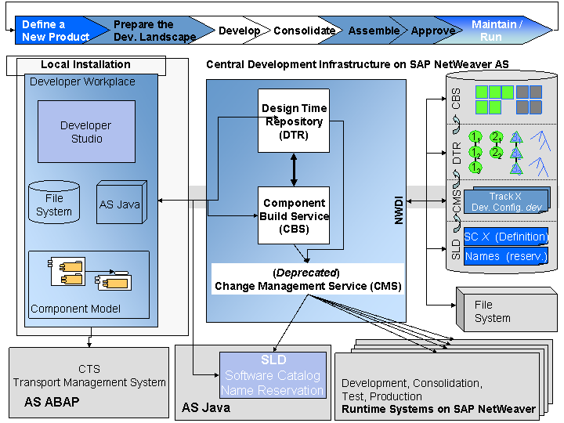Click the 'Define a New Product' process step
coord(55,31)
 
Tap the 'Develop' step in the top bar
coord(239,31)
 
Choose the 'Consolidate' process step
coord(304,31)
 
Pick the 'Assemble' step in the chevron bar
coord(374,31)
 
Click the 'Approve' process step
coord(433,31)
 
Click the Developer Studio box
coord(86,132)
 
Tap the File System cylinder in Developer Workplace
coord(53,203)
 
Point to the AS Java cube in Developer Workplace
coord(120,204)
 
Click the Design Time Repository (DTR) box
coord(294,121)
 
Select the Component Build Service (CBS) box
coord(294,215)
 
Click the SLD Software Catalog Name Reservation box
coord(272,375)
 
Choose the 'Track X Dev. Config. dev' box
coord(505,203)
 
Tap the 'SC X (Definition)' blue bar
coord(505,236)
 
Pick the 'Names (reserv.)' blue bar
coord(505,256)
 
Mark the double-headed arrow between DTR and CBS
coord(294,169)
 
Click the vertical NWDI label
coord(399,211)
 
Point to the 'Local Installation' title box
coord(85,64)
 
